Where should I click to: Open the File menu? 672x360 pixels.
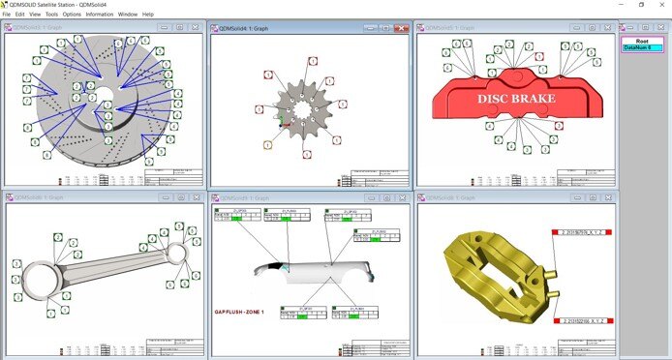coord(7,15)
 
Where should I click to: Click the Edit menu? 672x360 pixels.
coord(19,15)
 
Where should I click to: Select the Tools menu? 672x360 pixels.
coord(51,15)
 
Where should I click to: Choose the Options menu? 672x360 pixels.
coord(72,15)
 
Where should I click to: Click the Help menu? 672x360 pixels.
coord(148,15)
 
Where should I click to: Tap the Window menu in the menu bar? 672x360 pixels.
coord(127,15)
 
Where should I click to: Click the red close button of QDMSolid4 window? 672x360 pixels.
coord(401,28)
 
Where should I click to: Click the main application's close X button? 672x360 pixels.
coord(662,5)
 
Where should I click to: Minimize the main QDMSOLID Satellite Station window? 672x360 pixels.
coord(620,5)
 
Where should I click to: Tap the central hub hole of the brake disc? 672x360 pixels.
coord(101,95)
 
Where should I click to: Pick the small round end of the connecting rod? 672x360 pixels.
coord(175,254)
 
